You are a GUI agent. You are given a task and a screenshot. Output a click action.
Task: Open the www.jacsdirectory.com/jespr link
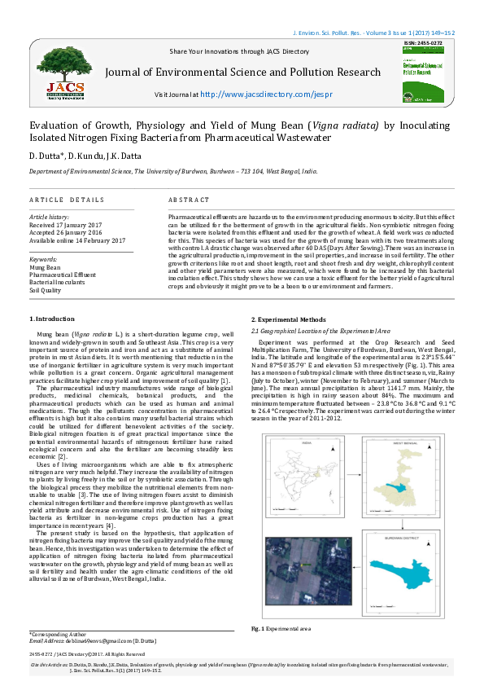[x=255, y=94]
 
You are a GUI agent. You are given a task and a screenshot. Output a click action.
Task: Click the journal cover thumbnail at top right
[x=424, y=68]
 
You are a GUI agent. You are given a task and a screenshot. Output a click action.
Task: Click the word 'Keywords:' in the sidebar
[x=46, y=259]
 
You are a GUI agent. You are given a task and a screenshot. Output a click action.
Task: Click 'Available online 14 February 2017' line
[x=77, y=240]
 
